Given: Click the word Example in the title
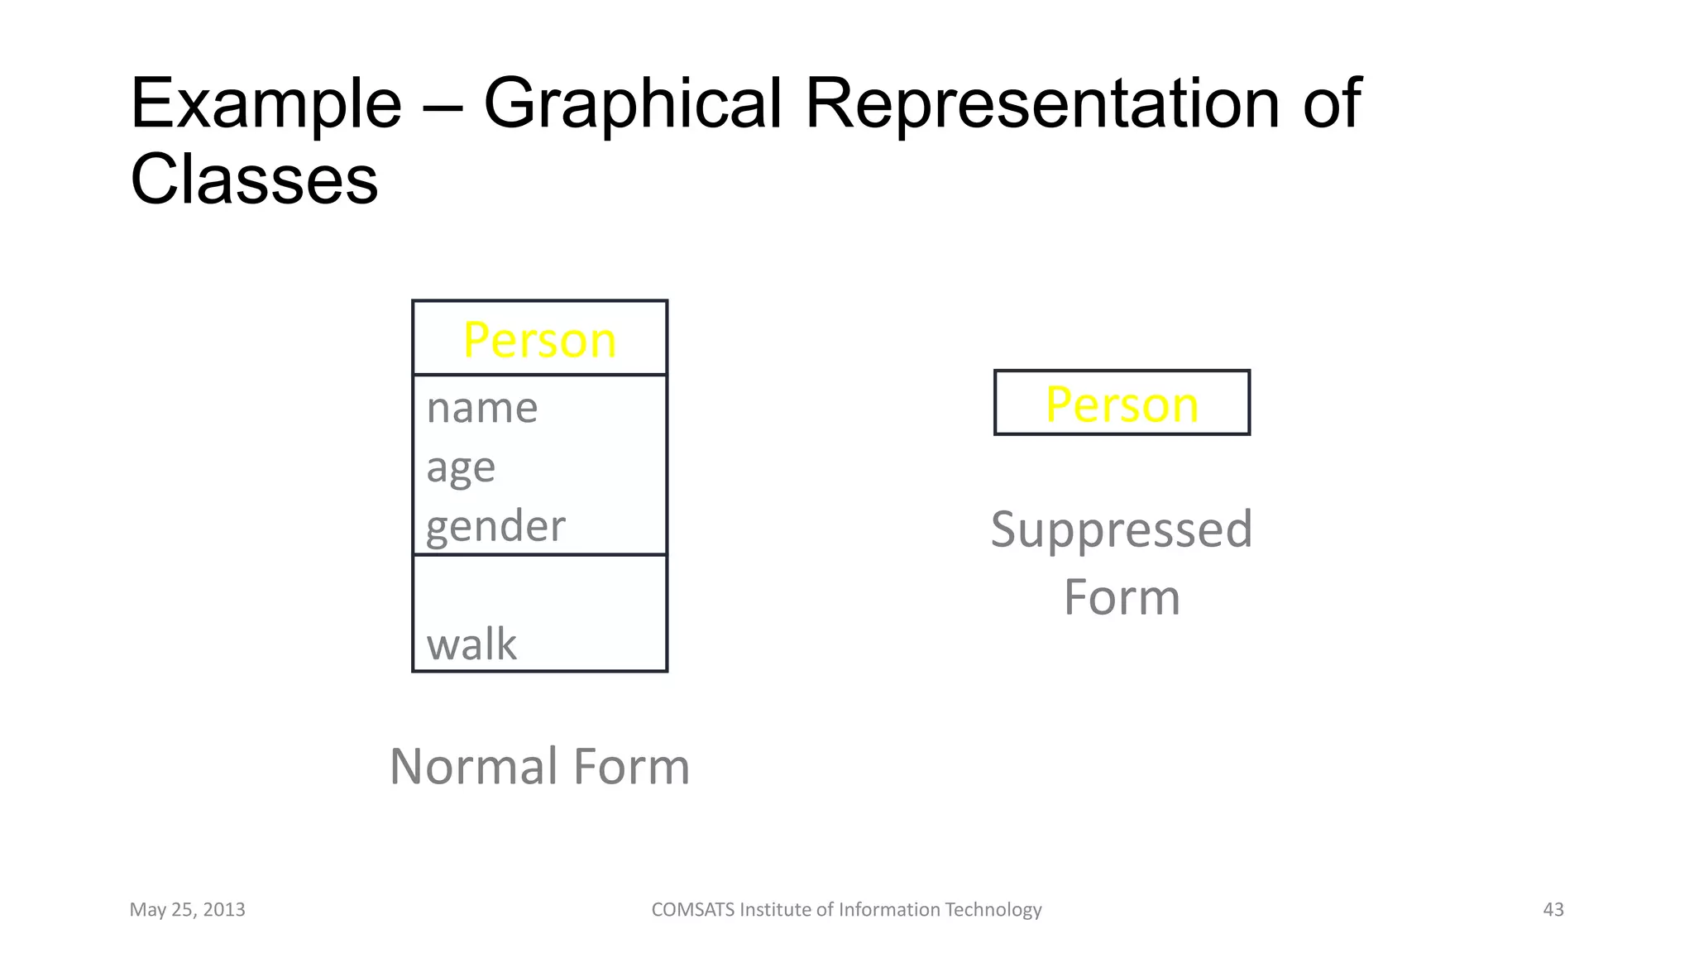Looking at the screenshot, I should tap(266, 105).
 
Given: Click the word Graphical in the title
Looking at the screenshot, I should tap(632, 105).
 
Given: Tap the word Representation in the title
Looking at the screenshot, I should tap(1041, 103).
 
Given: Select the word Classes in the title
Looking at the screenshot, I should tap(254, 180).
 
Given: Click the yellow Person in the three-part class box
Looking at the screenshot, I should tap(539, 340).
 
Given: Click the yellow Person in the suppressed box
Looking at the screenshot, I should tap(1122, 405).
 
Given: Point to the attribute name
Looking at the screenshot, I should tap(482, 408).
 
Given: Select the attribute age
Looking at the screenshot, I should tap(461, 468).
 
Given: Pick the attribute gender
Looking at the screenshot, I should tap(495, 527).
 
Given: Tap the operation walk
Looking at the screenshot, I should tap(471, 644).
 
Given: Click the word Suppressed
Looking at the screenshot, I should tap(1122, 530).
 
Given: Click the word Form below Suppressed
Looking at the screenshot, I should tap(1122, 597).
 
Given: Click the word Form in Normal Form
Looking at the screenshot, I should tap(631, 766).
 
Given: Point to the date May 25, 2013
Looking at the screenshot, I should tap(187, 910).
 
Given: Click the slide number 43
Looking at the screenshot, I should tap(1553, 910).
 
